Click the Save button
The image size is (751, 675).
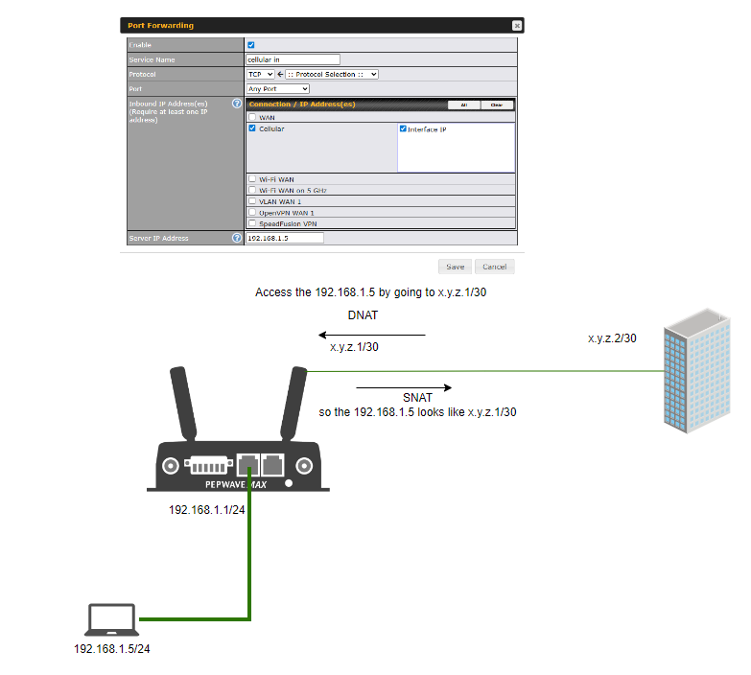pos(455,267)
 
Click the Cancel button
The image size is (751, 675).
pos(494,267)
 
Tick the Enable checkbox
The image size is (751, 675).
pos(251,45)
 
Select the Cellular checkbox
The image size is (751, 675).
pos(252,128)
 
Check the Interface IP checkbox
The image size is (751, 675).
pos(404,128)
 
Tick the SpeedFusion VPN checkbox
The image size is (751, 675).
pos(252,223)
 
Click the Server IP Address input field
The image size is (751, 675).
pos(285,238)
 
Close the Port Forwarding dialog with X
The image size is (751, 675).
pos(517,26)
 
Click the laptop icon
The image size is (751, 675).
pos(110,621)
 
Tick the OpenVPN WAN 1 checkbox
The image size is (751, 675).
pos(252,212)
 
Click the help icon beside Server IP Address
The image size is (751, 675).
pos(236,238)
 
